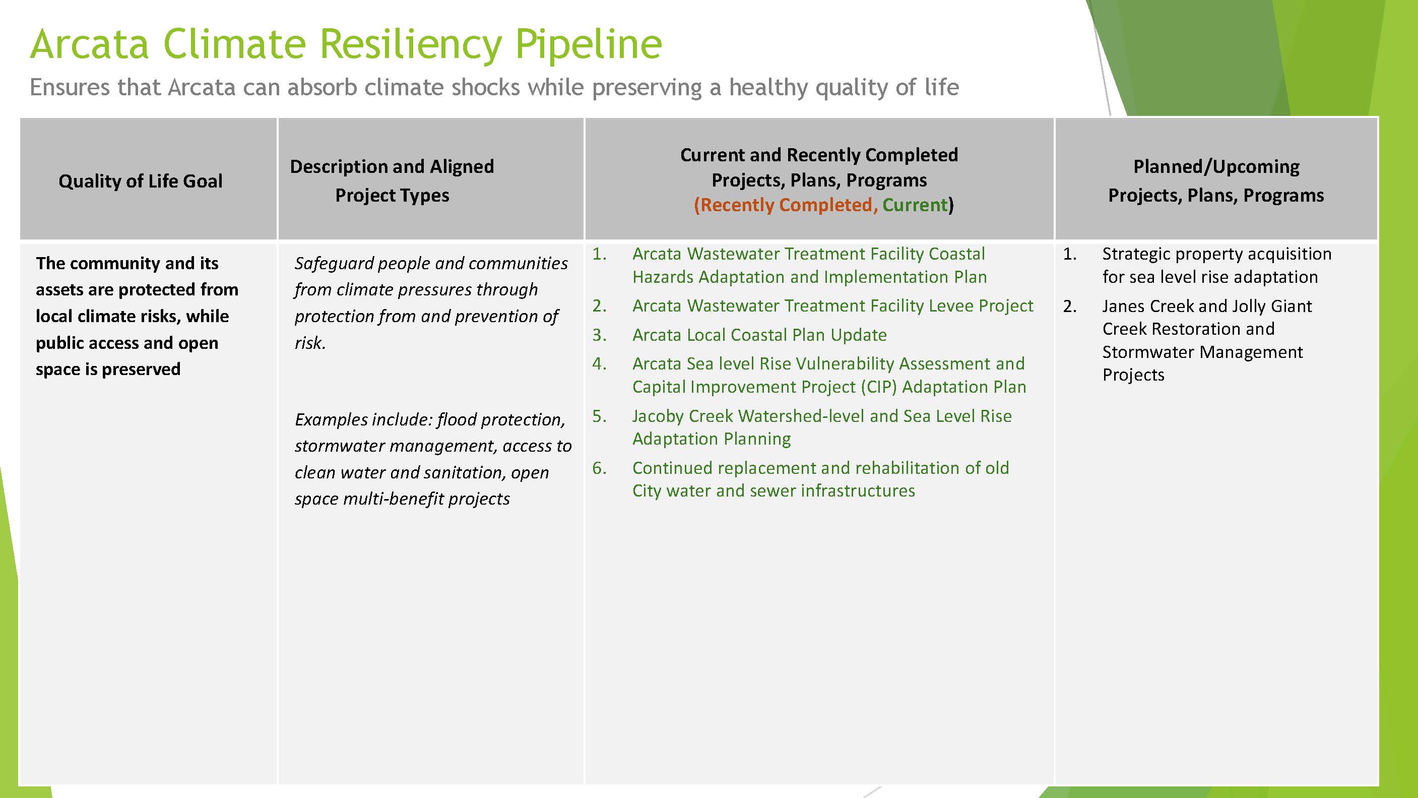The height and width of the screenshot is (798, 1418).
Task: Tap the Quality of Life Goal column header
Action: pyautogui.click(x=141, y=180)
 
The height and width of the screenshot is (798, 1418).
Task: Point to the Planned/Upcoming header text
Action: pyautogui.click(x=1216, y=166)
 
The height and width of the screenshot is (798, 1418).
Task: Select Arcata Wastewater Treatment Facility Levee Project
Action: pyautogui.click(x=832, y=305)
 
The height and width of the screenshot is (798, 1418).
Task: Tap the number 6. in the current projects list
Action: pyautogui.click(x=599, y=468)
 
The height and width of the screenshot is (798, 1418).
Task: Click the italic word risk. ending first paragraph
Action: pyautogui.click(x=310, y=343)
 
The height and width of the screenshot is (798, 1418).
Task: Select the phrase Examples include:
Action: pyautogui.click(x=363, y=419)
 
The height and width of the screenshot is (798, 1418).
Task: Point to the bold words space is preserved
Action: pyautogui.click(x=108, y=369)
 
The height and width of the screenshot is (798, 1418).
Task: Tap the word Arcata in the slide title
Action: pyautogui.click(x=89, y=44)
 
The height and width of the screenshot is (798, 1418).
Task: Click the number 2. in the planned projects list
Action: pyautogui.click(x=1070, y=306)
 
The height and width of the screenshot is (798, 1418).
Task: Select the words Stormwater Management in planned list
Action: pyautogui.click(x=1202, y=352)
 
